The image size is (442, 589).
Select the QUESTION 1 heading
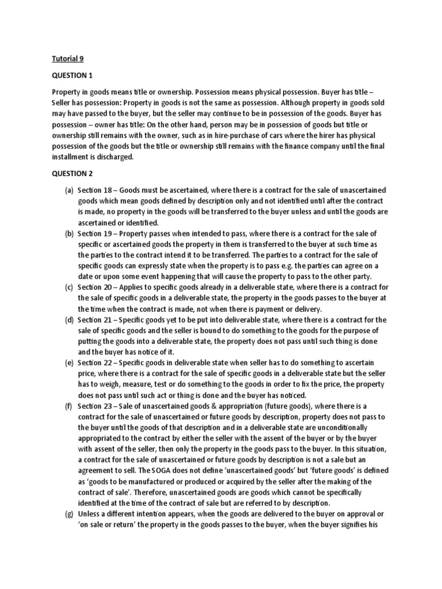pos(72,75)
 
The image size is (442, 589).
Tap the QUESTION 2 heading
pos(72,173)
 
